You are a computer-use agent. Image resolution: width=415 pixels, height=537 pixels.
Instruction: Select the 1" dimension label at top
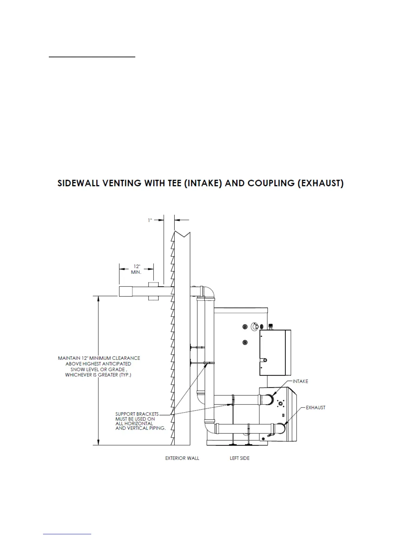pyautogui.click(x=150, y=220)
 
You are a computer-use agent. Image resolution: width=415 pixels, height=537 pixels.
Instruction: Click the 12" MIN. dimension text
pyautogui.click(x=136, y=270)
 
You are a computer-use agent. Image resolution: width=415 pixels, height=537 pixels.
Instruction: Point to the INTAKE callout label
pyautogui.click(x=300, y=381)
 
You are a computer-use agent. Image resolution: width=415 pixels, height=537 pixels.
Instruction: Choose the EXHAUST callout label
pyautogui.click(x=315, y=407)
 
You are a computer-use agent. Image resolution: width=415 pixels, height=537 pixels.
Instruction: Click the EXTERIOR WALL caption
pyautogui.click(x=182, y=458)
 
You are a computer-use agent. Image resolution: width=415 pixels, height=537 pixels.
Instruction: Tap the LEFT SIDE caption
pyautogui.click(x=239, y=458)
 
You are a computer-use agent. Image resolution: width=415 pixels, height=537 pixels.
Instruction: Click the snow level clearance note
pyautogui.click(x=99, y=366)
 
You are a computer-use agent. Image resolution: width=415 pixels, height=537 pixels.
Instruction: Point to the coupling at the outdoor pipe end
pyautogui.click(x=125, y=291)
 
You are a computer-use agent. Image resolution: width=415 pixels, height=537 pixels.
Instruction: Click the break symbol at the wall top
pyautogui.click(x=182, y=234)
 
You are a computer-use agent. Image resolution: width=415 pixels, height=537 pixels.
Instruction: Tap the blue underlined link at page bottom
pyautogui.click(x=67, y=534)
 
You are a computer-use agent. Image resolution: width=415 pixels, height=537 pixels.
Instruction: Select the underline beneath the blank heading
pyautogui.click(x=92, y=57)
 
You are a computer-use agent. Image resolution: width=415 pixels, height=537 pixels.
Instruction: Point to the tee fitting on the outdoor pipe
pyautogui.click(x=154, y=291)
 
